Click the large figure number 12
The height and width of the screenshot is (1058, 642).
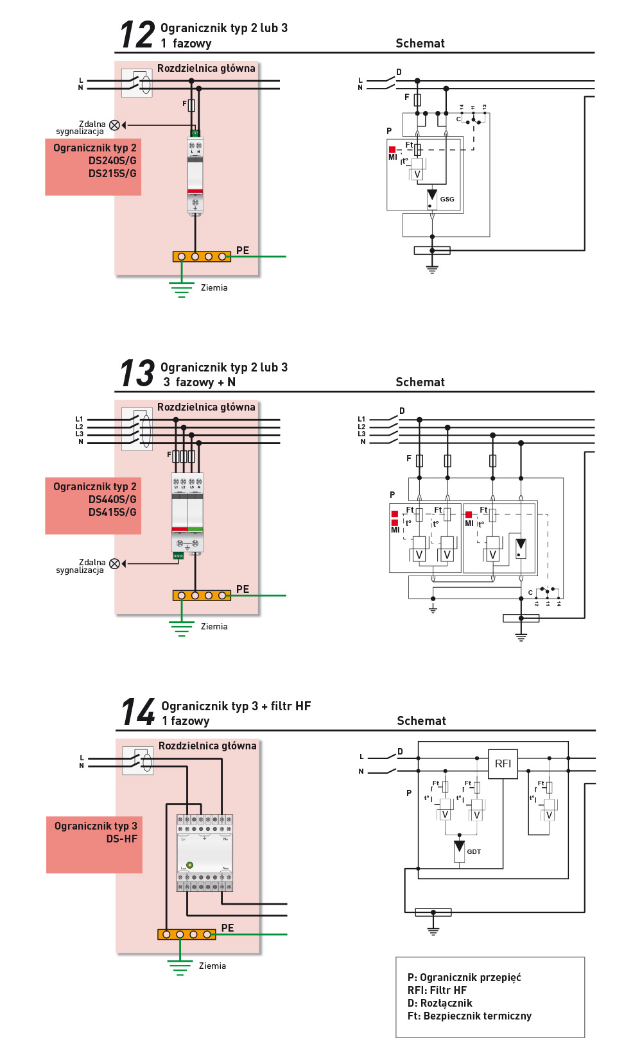(x=137, y=35)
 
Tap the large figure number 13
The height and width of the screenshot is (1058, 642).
(x=137, y=373)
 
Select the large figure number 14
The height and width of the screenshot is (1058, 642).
(x=139, y=712)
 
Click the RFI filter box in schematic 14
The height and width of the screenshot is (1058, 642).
(x=503, y=764)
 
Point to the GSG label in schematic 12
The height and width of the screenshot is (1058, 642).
(x=447, y=200)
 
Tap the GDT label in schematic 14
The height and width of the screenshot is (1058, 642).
(x=474, y=852)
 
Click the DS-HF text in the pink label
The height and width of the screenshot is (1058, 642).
(x=121, y=839)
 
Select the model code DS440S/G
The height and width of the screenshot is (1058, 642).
(x=112, y=499)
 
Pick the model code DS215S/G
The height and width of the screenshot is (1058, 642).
(x=112, y=173)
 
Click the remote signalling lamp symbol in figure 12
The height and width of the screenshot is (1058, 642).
(x=114, y=125)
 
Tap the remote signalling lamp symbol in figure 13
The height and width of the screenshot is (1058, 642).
(x=114, y=564)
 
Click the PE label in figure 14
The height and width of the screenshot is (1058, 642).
(x=227, y=928)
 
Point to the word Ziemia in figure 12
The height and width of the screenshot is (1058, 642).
(x=214, y=288)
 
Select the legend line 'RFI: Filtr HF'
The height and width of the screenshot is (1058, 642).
(x=437, y=990)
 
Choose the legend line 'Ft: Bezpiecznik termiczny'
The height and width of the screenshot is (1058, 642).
(x=469, y=1016)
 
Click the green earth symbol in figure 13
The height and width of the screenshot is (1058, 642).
(x=182, y=628)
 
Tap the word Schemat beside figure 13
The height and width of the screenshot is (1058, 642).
(x=420, y=382)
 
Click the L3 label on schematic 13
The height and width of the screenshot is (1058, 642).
(x=361, y=434)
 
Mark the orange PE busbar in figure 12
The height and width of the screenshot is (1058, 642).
(x=202, y=257)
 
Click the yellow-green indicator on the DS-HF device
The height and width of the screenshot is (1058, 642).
(x=189, y=865)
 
